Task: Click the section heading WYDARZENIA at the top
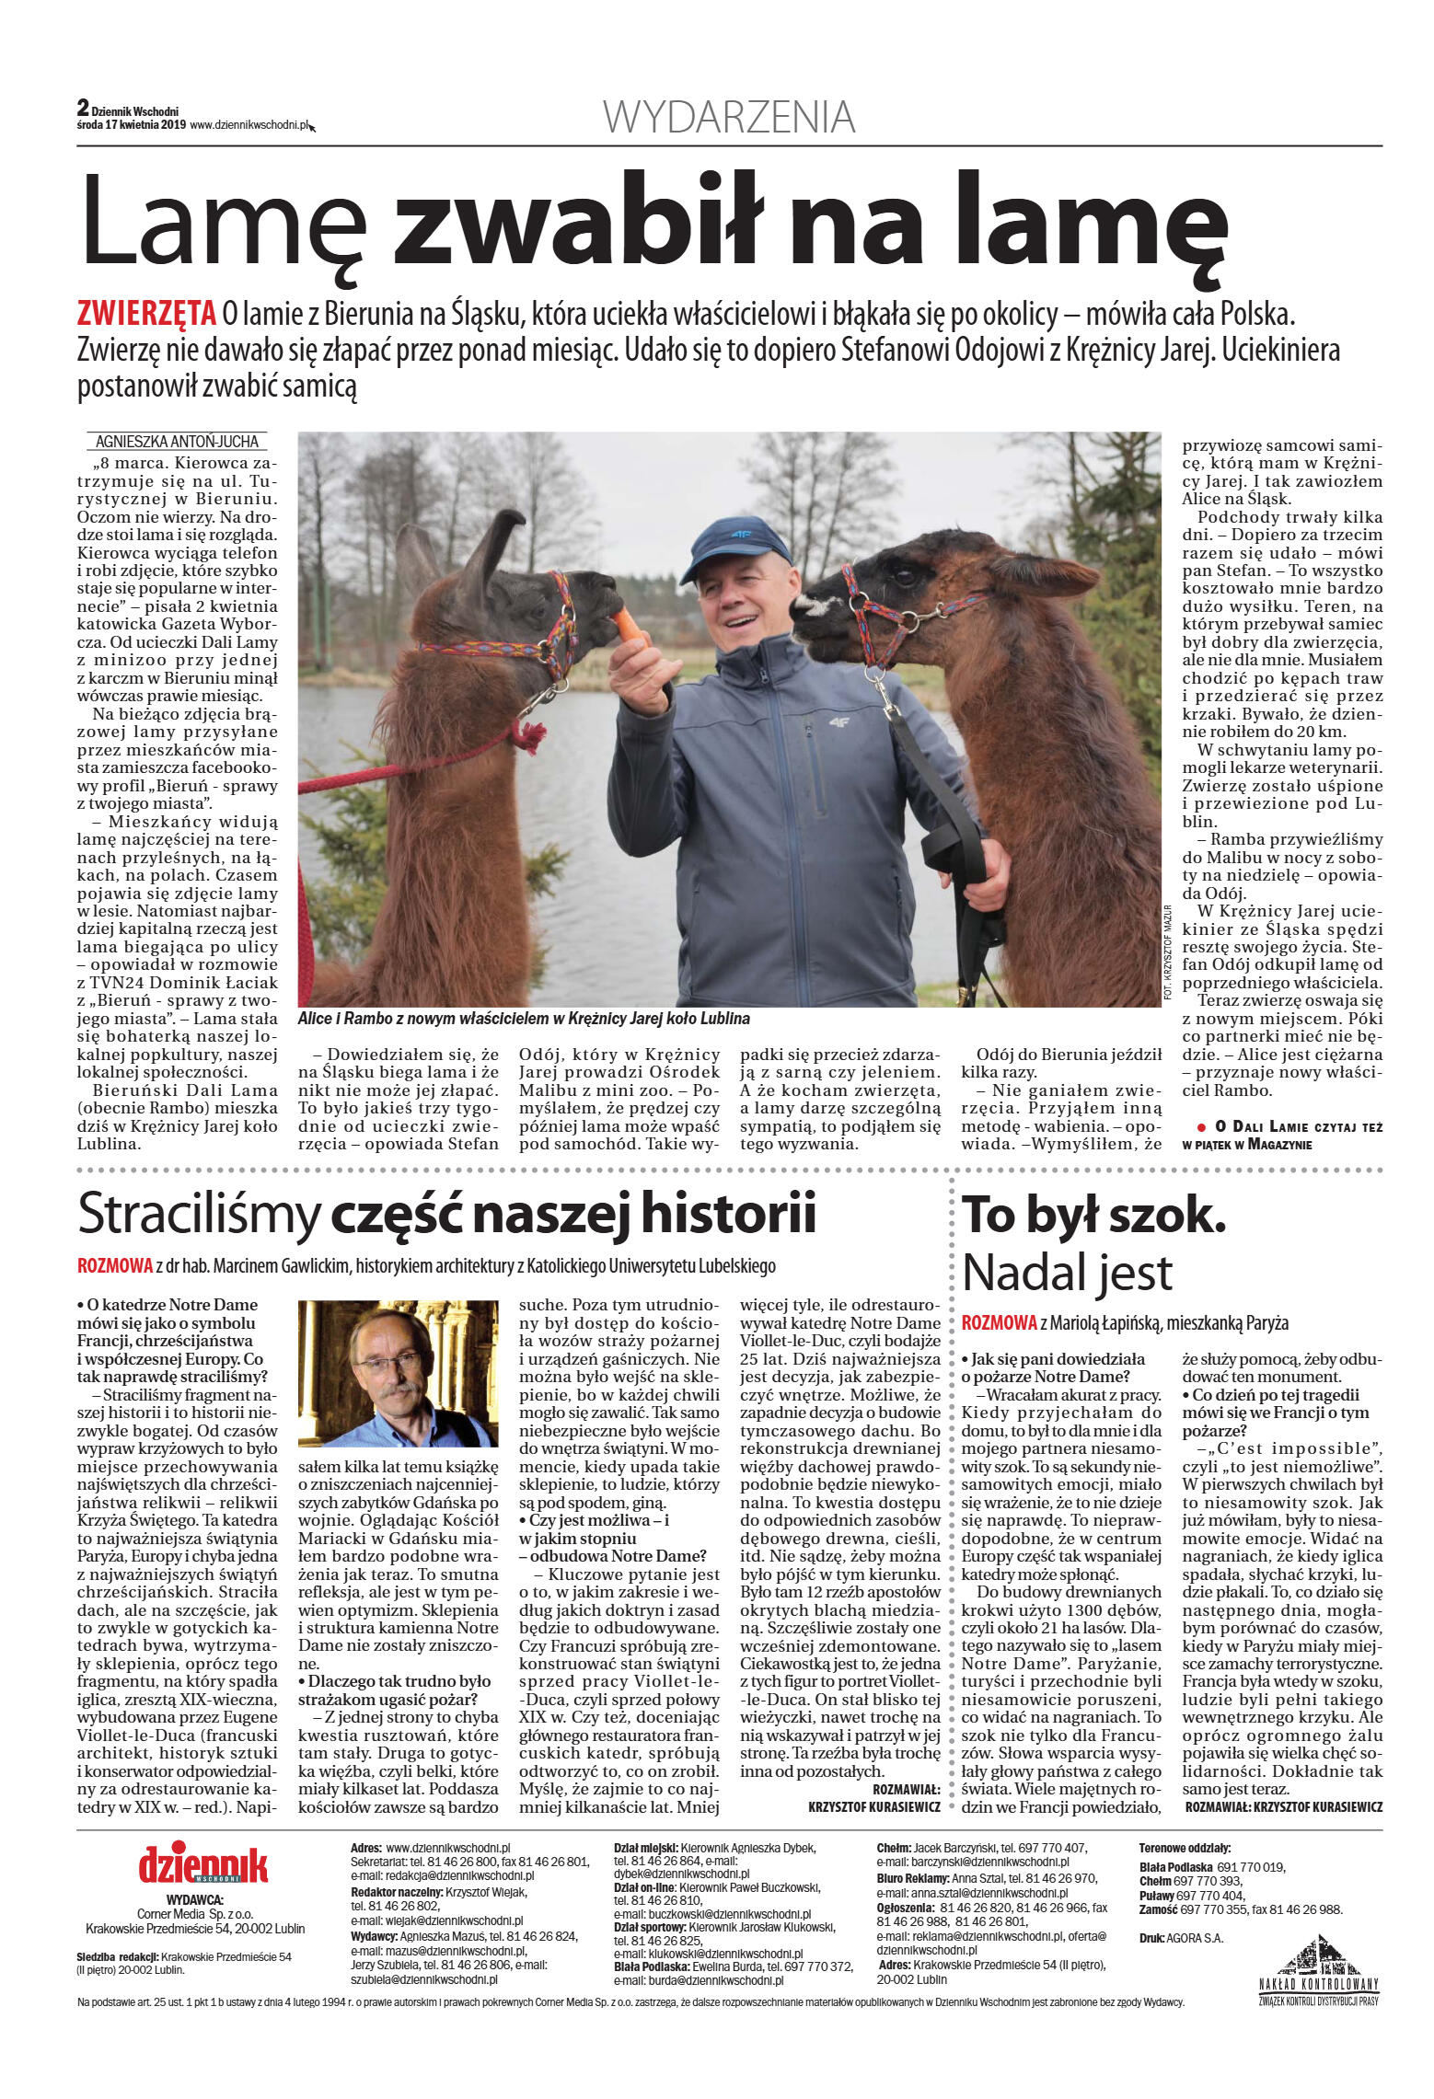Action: (729, 118)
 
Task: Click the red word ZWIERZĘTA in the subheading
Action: (146, 315)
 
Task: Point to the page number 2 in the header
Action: (83, 109)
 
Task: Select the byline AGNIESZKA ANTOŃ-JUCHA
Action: (177, 441)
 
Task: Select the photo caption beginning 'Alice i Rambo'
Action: (523, 1019)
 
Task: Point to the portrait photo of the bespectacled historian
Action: (398, 1373)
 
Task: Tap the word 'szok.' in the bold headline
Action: (1167, 1216)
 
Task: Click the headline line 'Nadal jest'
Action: (1067, 1273)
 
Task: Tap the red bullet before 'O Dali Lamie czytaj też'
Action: (1201, 1126)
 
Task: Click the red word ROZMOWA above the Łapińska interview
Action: (999, 1322)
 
